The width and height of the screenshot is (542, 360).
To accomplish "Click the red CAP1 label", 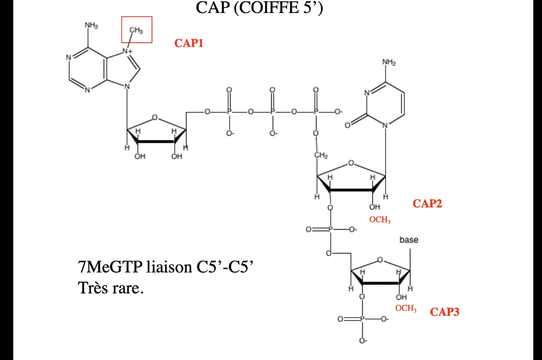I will [189, 44].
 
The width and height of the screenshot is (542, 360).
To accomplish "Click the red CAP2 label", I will [427, 203].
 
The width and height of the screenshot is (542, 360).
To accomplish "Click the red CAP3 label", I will [444, 312].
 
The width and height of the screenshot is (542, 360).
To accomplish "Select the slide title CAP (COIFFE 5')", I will [260, 8].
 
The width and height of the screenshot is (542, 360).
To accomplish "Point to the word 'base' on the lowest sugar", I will [409, 240].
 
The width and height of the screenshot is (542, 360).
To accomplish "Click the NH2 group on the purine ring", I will [91, 25].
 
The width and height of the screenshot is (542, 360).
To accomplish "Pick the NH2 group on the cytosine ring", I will [389, 62].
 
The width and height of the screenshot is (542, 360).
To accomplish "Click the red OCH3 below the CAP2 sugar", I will [379, 220].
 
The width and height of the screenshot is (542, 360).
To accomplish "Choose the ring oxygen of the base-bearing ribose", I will [379, 259].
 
